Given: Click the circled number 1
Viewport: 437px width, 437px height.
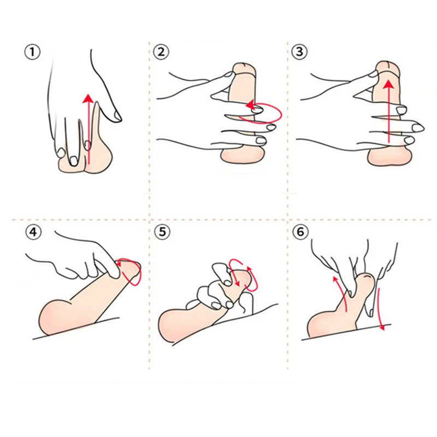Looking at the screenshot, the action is (33, 52).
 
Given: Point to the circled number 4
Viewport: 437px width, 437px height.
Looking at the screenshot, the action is (33, 232).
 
